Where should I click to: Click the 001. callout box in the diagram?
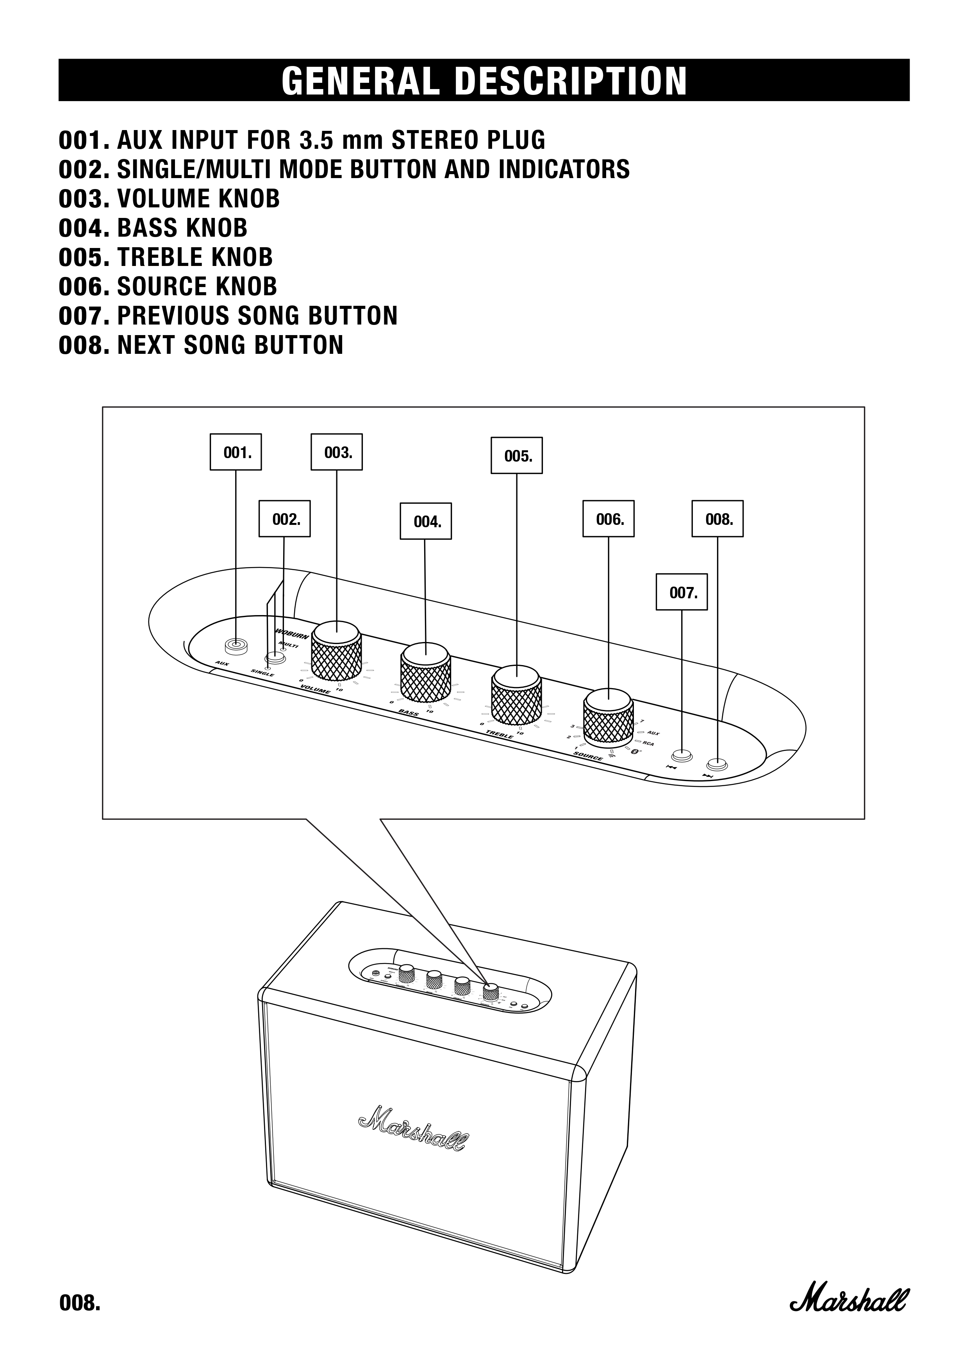236,452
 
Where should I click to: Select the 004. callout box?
425,521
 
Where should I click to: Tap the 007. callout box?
682,592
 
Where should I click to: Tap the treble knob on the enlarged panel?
516,695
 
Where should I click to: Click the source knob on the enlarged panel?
608,718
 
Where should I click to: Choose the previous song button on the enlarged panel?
682,755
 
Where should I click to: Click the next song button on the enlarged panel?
717,764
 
